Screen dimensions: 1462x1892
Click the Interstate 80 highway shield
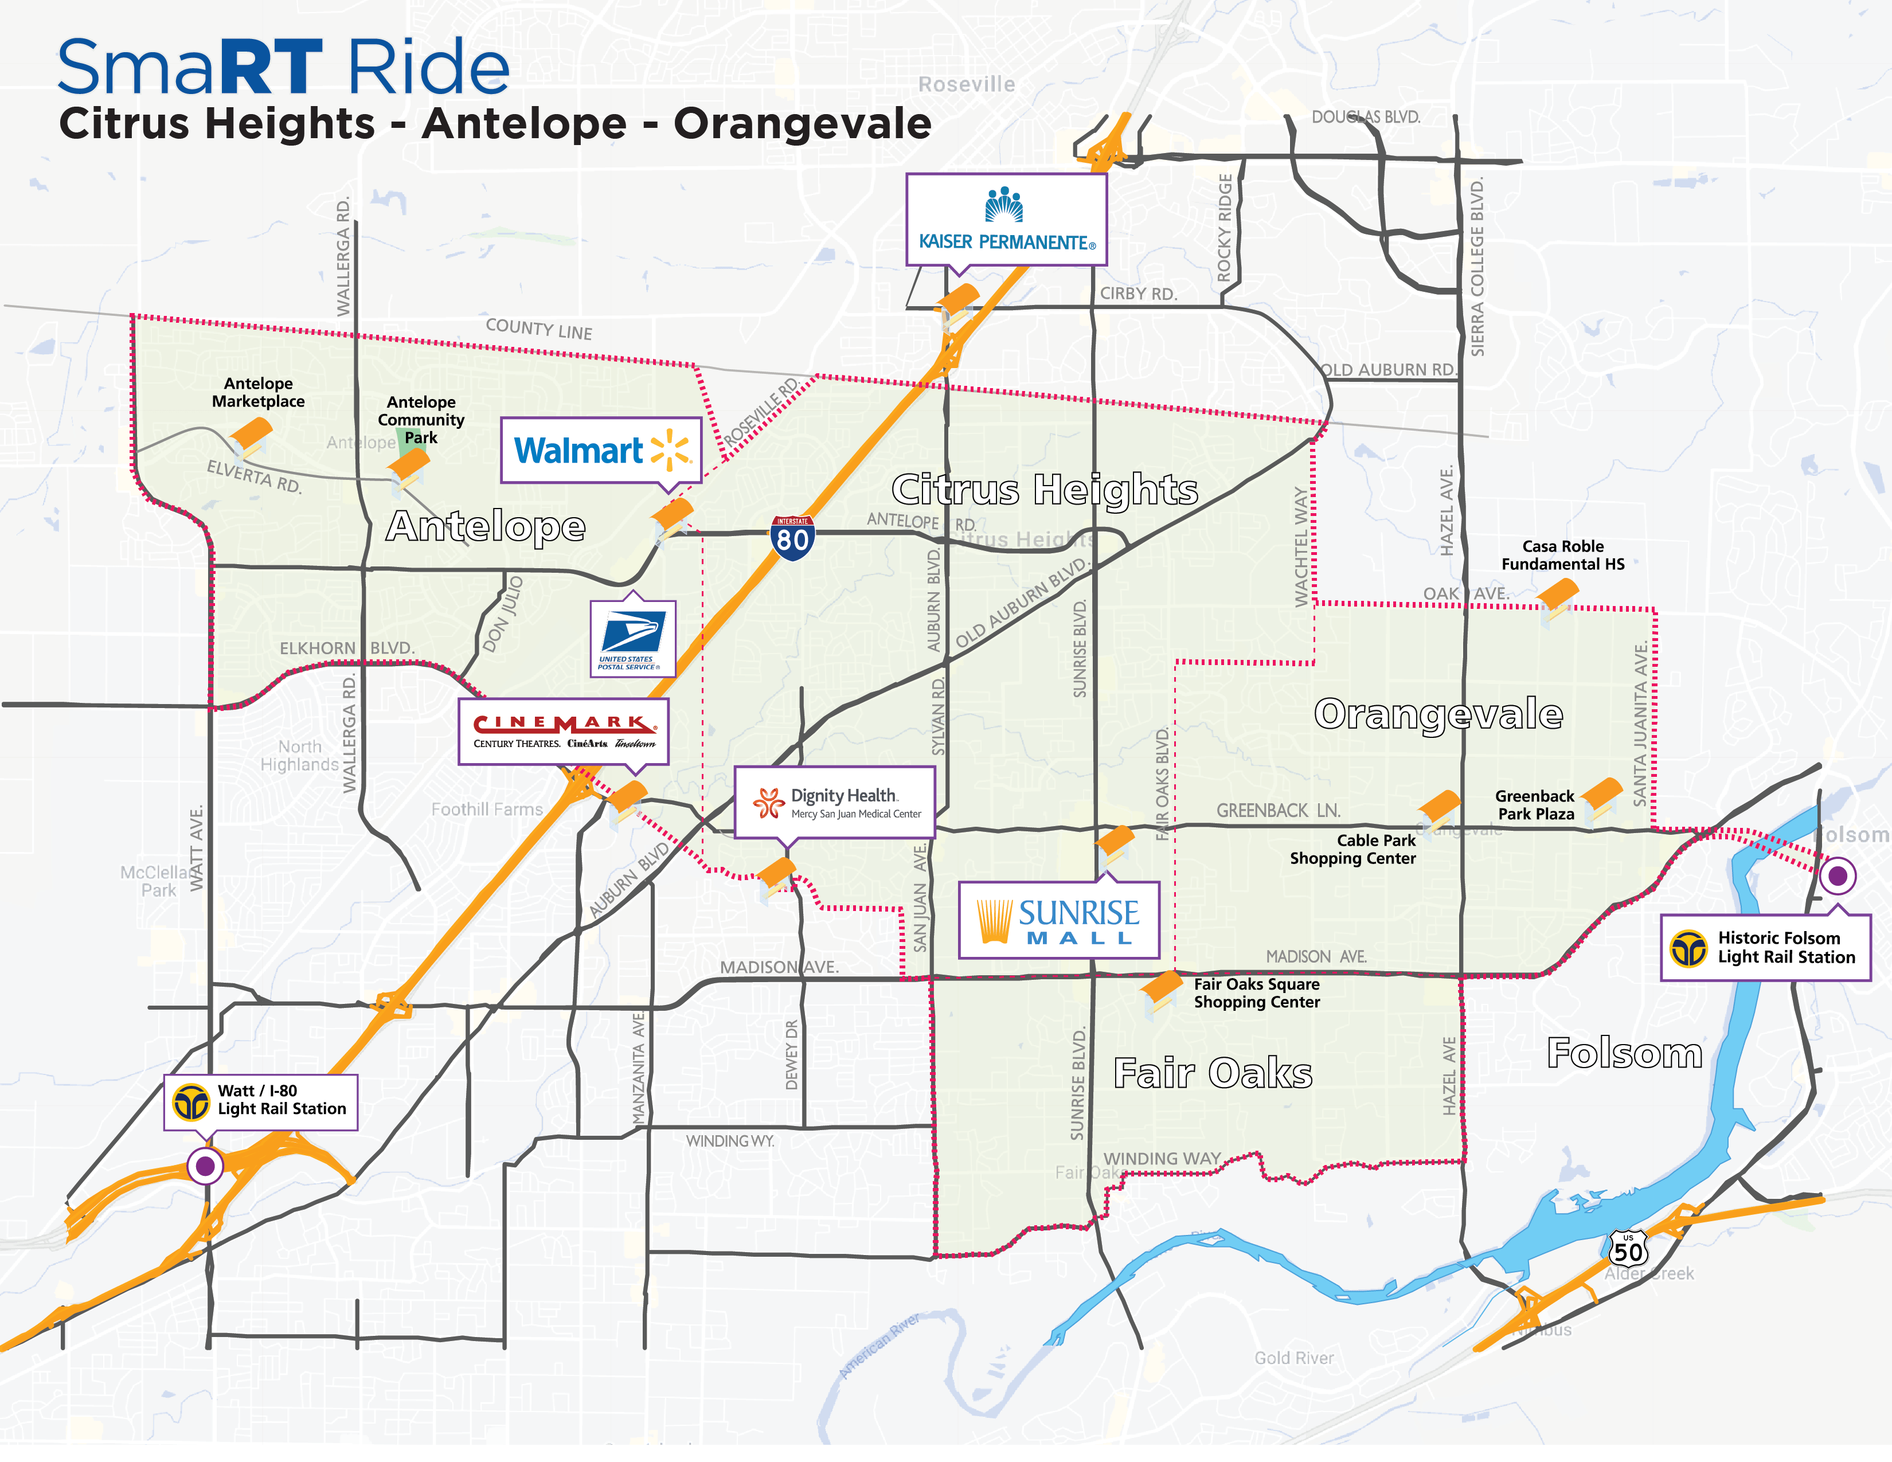tap(792, 538)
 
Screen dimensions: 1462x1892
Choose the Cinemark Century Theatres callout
tap(563, 732)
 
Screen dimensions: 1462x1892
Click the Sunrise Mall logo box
tap(1058, 920)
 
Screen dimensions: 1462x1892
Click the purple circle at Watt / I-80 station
tap(205, 1166)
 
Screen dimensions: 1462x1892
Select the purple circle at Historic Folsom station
tap(1836, 875)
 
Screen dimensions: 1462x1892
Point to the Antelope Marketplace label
tap(258, 392)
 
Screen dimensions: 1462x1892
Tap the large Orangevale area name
tap(1438, 714)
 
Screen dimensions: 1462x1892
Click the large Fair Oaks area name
tap(1212, 1073)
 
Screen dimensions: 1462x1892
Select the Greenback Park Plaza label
tap(1534, 804)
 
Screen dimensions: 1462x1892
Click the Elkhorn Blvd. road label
tap(346, 648)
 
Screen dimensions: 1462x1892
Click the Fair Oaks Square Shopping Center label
tap(1256, 992)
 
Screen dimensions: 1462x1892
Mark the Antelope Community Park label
tap(421, 419)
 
